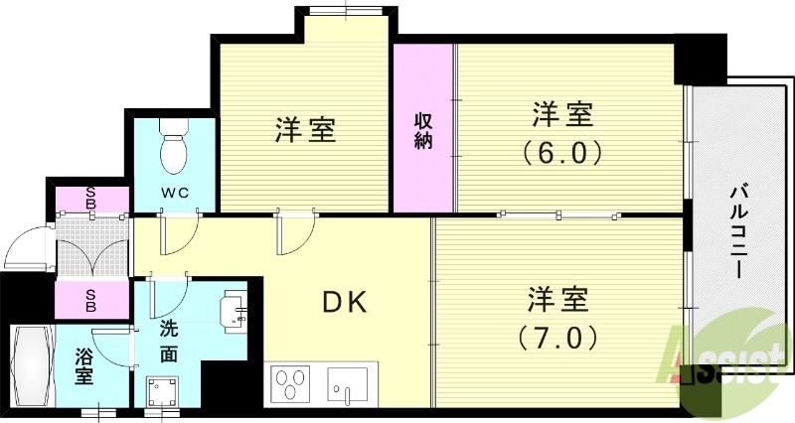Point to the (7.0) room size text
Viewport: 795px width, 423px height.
(x=556, y=337)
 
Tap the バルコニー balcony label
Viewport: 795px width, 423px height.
(x=739, y=229)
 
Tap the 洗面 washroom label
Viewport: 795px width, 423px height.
(x=169, y=341)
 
